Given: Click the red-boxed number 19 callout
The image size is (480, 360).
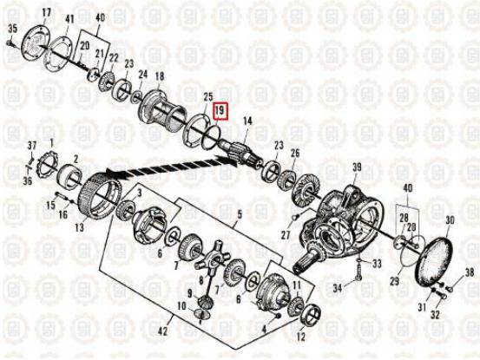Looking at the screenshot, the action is click(220, 110).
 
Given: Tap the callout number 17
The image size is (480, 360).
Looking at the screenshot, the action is click(47, 13).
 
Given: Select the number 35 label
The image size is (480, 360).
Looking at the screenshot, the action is click(13, 29).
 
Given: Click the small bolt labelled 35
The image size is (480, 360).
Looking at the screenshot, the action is click(9, 43).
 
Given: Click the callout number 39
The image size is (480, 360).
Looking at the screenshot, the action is click(357, 167).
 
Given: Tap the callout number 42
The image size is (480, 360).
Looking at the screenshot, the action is click(162, 331).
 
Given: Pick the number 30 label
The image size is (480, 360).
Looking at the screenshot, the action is click(450, 220).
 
